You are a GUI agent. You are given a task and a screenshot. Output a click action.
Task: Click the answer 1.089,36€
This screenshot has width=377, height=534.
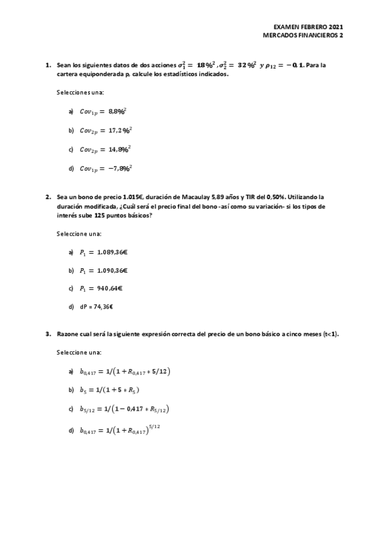(x=104, y=252)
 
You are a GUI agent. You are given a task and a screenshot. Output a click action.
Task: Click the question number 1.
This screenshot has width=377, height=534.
(x=48, y=65)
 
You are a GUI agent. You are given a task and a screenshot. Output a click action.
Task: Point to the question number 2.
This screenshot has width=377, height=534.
(x=48, y=196)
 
